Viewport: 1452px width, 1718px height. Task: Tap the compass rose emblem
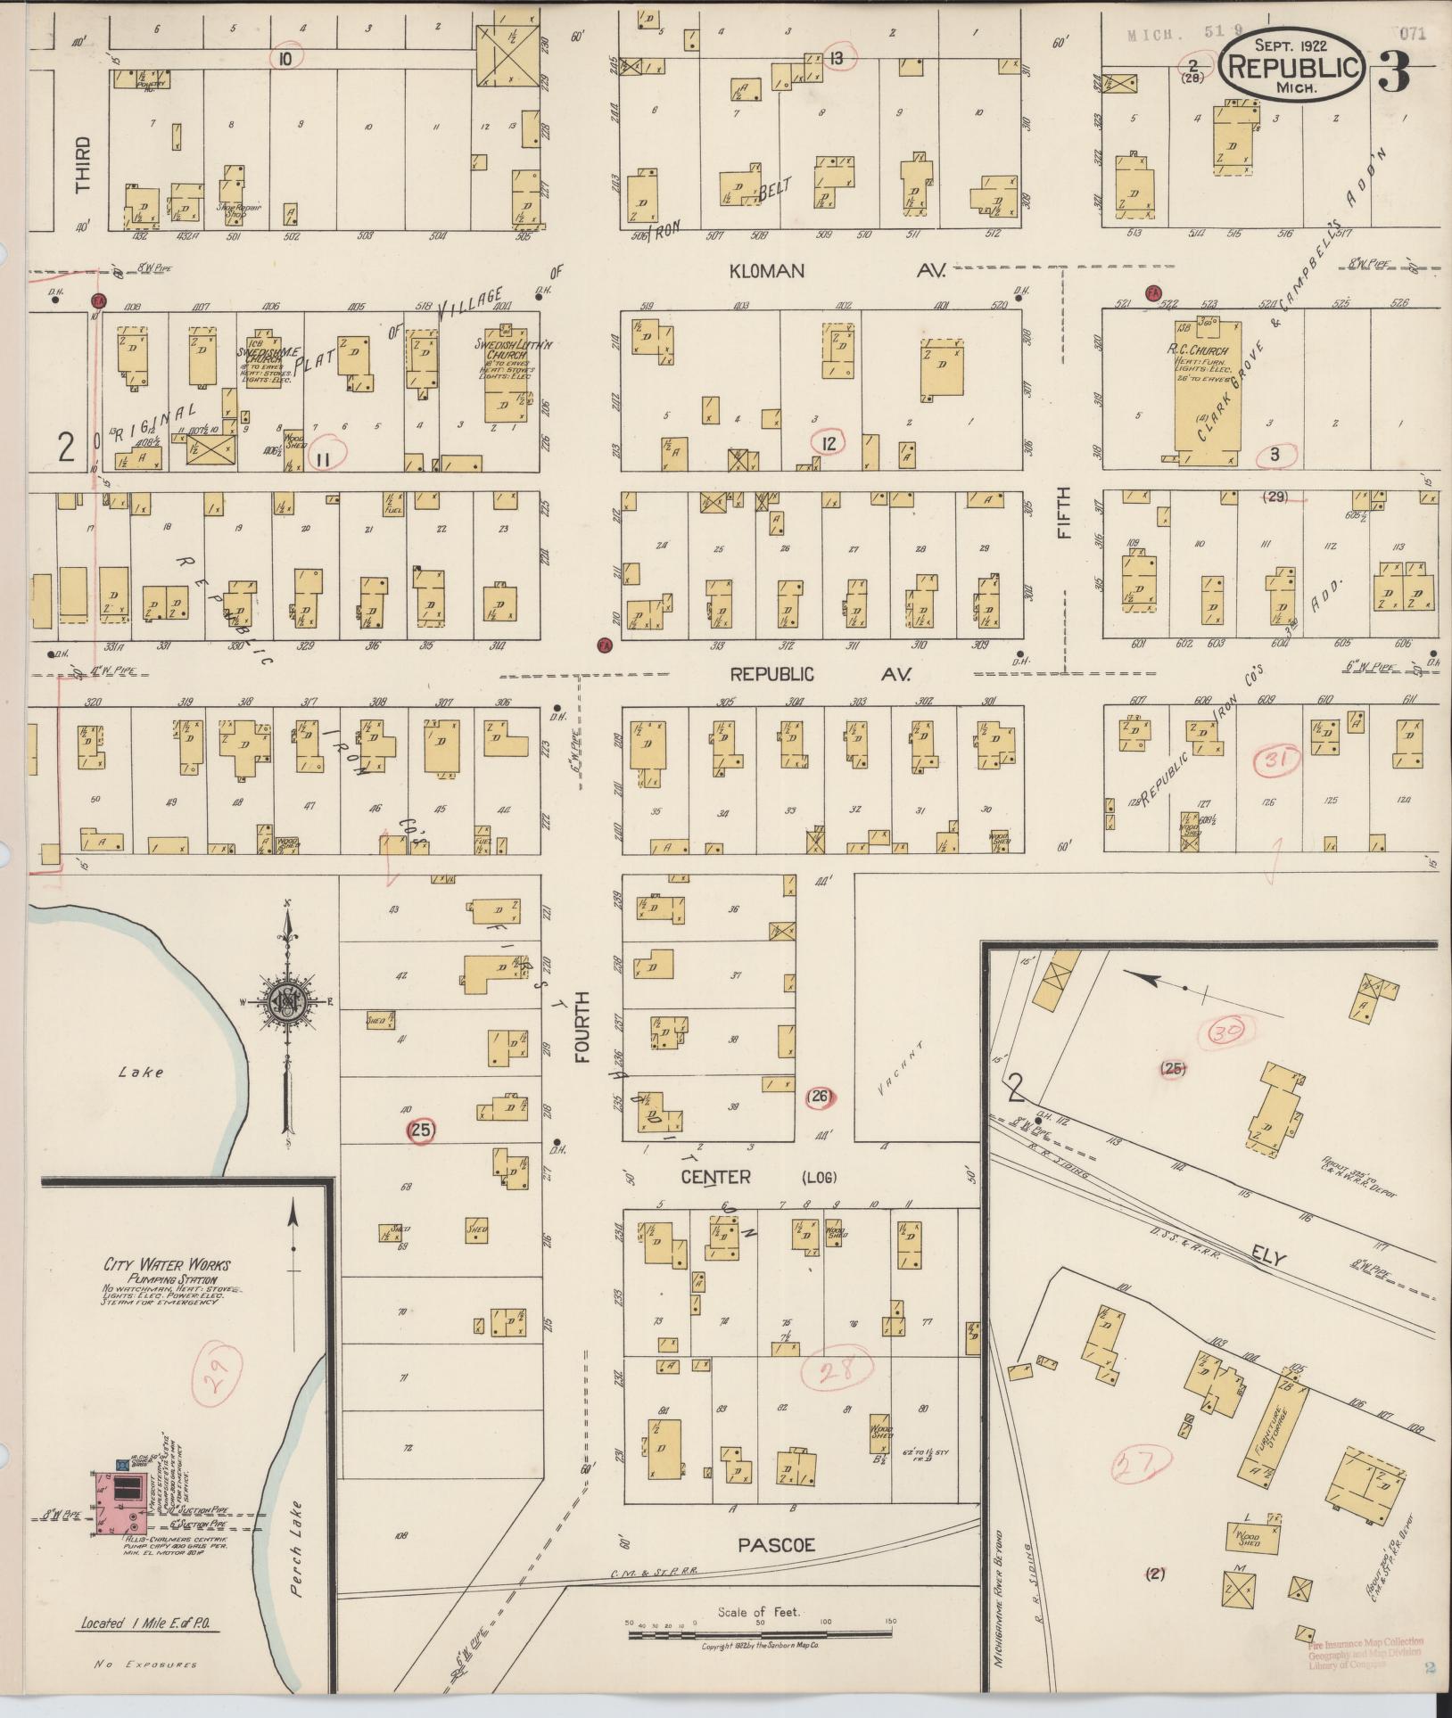coord(288,1002)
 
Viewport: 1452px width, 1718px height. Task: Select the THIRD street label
coord(83,165)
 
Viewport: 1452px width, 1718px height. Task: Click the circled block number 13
coord(837,59)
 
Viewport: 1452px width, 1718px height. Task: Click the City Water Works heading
coord(166,1264)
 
